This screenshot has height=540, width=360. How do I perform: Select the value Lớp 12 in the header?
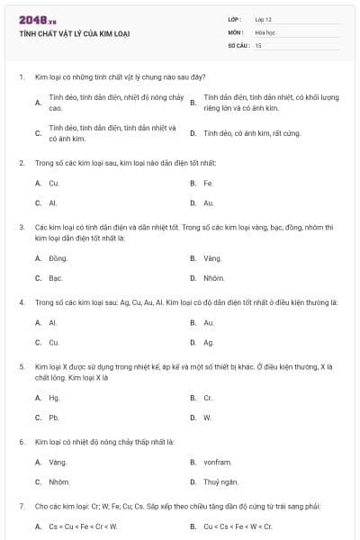click(x=263, y=18)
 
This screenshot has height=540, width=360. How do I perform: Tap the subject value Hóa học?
click(x=265, y=31)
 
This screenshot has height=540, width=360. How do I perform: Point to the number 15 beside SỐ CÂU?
click(x=258, y=44)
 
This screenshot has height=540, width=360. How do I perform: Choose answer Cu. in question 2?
click(x=54, y=183)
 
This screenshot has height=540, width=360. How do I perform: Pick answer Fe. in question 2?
click(x=208, y=183)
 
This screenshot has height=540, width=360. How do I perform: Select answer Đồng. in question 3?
click(x=58, y=257)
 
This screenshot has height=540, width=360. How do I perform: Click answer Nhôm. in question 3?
click(x=213, y=277)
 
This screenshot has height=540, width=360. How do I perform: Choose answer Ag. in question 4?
click(x=209, y=342)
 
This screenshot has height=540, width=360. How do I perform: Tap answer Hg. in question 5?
click(x=55, y=397)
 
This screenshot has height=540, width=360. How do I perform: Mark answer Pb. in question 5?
click(x=54, y=417)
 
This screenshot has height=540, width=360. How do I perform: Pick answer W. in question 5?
click(x=207, y=417)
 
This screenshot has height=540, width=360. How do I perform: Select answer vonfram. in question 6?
click(x=219, y=462)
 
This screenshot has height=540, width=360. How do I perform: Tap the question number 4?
click(x=21, y=301)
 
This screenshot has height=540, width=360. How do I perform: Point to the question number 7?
click(x=21, y=506)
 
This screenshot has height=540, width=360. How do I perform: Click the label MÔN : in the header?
click(x=236, y=31)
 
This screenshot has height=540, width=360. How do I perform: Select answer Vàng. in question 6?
click(x=58, y=462)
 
